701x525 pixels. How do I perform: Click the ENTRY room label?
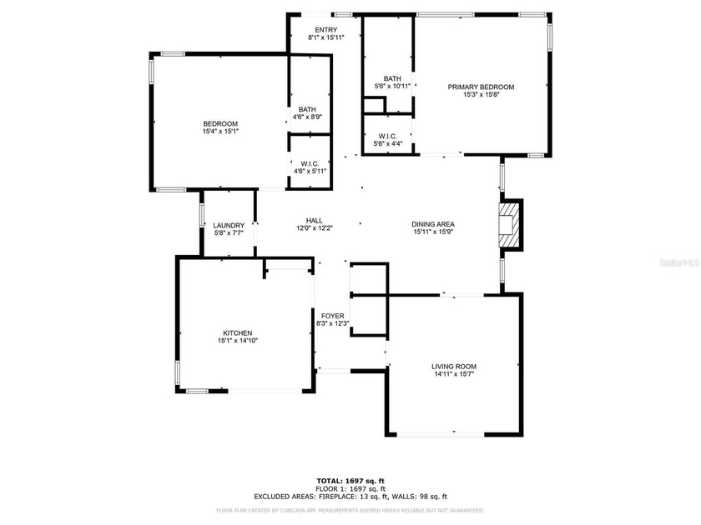(x=325, y=30)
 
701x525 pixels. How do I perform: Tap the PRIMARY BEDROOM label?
(x=481, y=87)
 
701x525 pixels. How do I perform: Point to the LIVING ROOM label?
(x=454, y=366)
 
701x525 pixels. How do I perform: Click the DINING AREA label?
(x=432, y=223)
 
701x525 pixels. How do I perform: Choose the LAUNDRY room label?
(x=229, y=225)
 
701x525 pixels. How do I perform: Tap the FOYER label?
(x=332, y=316)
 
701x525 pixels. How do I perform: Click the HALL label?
(x=314, y=220)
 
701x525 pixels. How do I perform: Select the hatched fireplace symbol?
(x=508, y=225)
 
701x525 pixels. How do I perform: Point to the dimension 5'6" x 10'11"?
(x=392, y=86)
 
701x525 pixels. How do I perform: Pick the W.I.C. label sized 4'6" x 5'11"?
(x=310, y=163)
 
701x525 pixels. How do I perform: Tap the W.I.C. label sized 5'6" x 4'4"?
(x=387, y=136)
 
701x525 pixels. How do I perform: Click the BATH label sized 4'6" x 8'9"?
(x=308, y=109)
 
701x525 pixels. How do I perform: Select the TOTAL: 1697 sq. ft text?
(x=350, y=482)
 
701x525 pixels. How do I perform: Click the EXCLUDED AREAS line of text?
(x=350, y=496)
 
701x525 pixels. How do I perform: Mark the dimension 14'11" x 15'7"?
(x=454, y=374)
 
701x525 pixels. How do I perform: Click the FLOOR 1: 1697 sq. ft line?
(x=350, y=489)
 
